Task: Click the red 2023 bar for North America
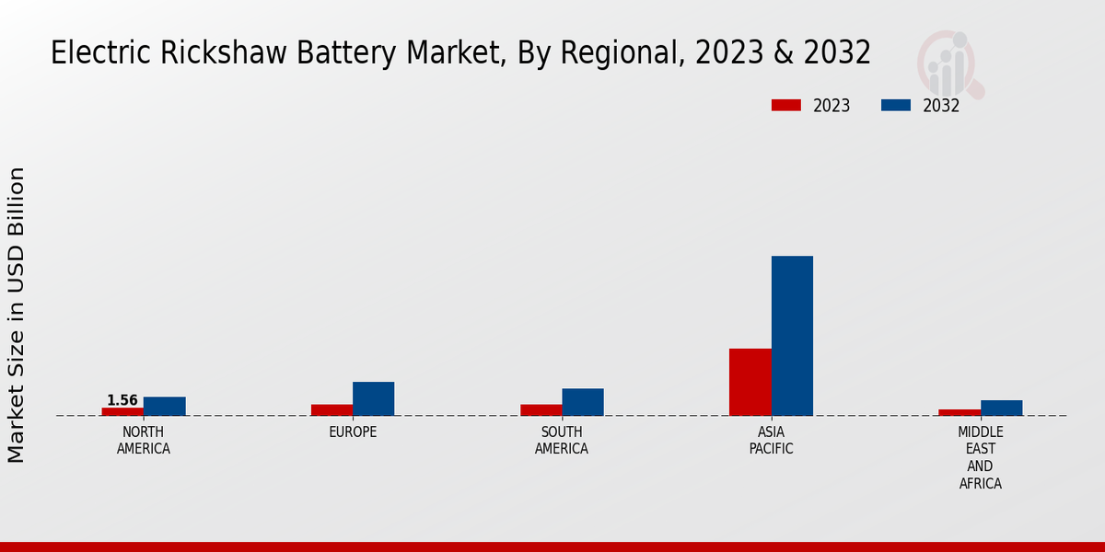(122, 411)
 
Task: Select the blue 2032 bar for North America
(165, 406)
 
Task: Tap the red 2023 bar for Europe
(331, 409)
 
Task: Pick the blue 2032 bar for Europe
(374, 398)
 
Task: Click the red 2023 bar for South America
(541, 409)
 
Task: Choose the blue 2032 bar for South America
(583, 402)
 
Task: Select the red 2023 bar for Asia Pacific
(750, 382)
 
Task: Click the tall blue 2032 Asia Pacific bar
(792, 336)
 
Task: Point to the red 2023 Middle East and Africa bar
(960, 412)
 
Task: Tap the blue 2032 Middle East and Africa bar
(1002, 408)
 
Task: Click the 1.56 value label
(122, 400)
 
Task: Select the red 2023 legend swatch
(786, 105)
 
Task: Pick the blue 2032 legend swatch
(896, 105)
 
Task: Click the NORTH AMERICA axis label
(144, 441)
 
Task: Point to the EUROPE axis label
(353, 432)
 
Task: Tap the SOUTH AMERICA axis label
(562, 441)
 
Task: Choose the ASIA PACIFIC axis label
(772, 441)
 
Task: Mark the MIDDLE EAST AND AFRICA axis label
(981, 457)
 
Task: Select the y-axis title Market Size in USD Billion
(17, 315)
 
